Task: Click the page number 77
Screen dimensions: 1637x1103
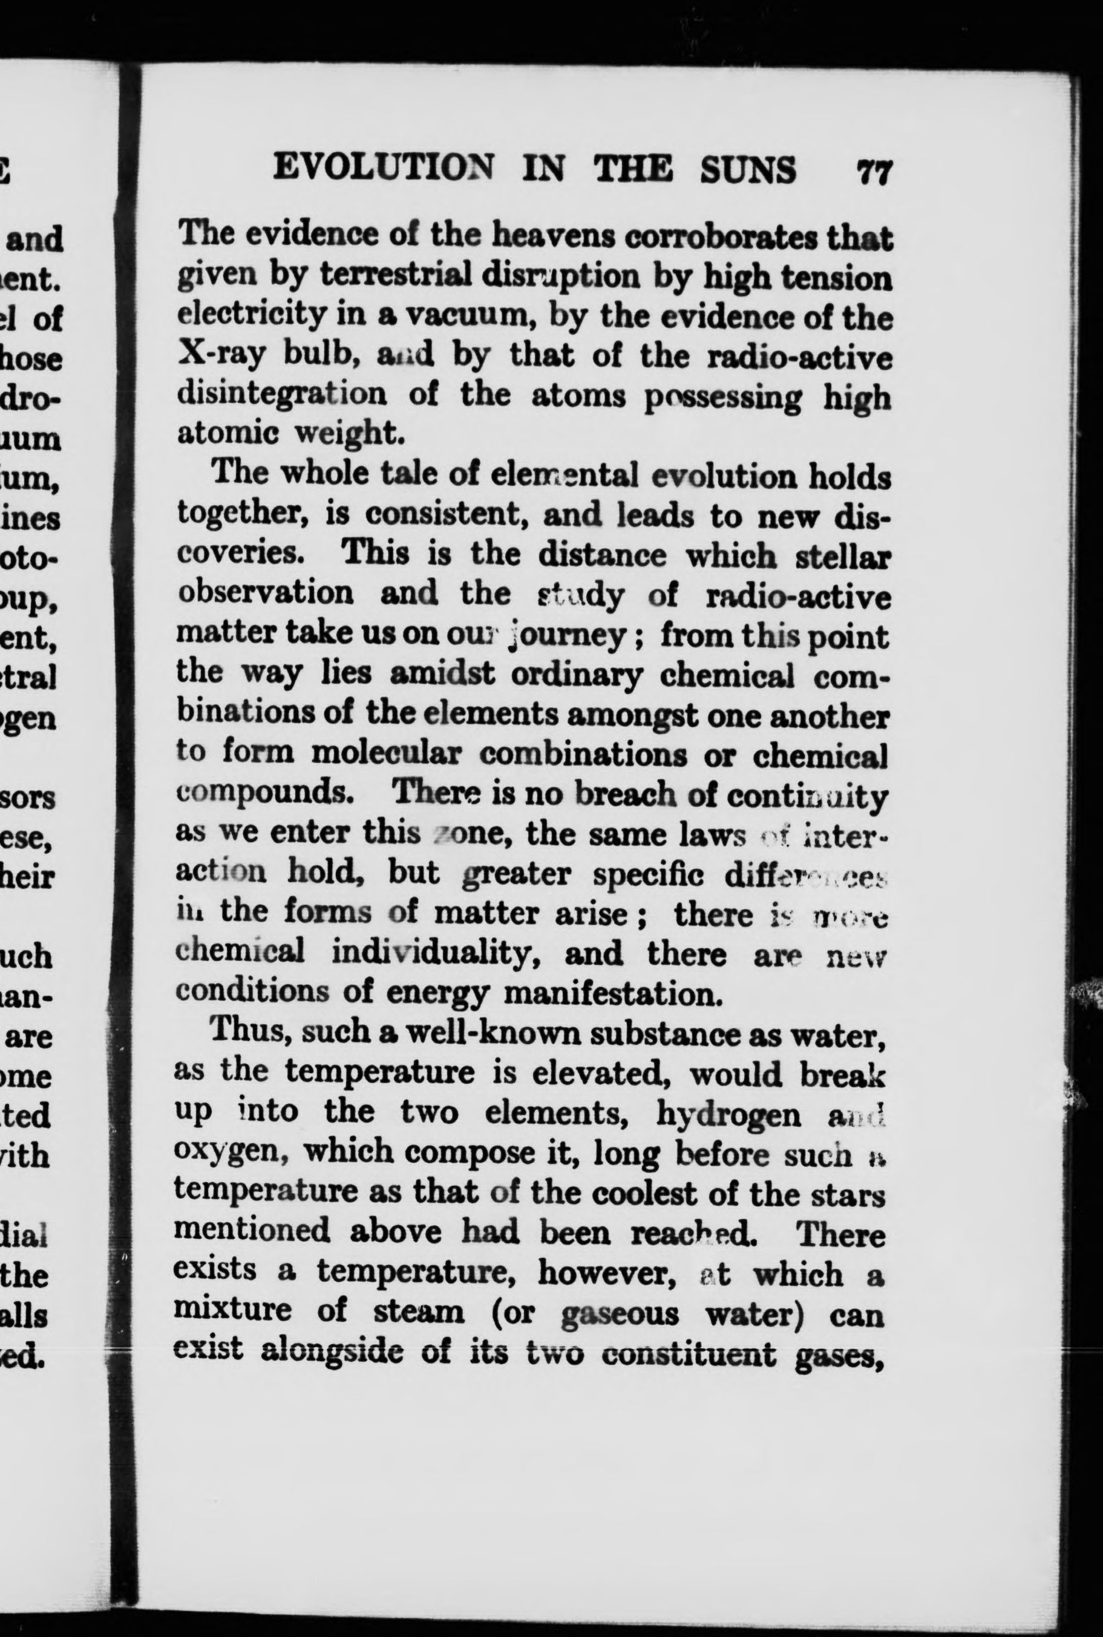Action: [874, 170]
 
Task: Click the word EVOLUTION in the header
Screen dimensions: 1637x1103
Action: [384, 169]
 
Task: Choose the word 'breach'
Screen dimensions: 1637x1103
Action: [626, 794]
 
